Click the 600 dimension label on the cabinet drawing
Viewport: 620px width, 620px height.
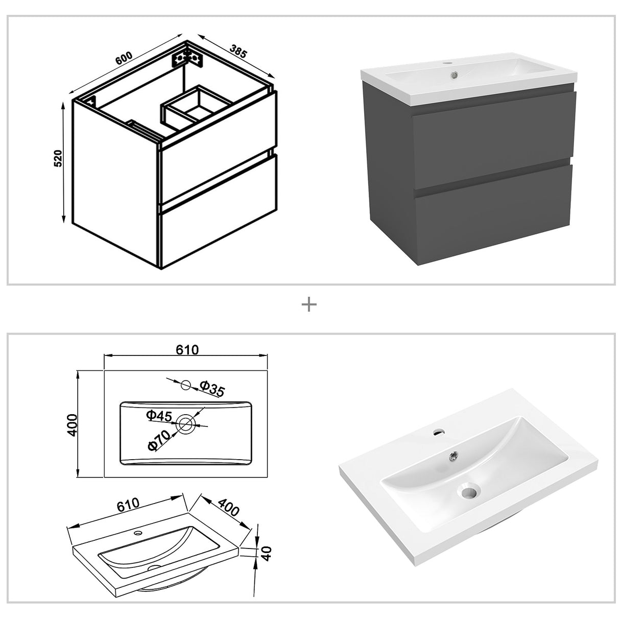click(124, 58)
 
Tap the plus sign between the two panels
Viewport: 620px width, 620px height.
click(309, 305)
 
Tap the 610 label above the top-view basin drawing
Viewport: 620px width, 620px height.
click(187, 350)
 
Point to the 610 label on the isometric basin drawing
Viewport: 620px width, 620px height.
click(128, 505)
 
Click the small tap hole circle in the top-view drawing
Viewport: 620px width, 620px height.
click(186, 385)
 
